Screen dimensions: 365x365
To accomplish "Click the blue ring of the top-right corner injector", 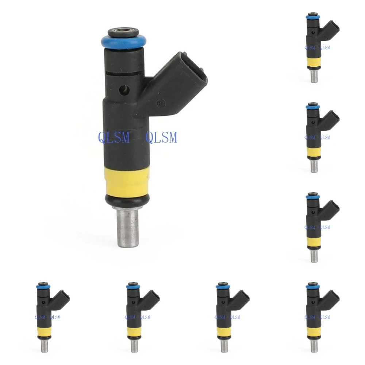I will click(313, 17).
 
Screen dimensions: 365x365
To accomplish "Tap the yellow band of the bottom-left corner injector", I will click(44, 331).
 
